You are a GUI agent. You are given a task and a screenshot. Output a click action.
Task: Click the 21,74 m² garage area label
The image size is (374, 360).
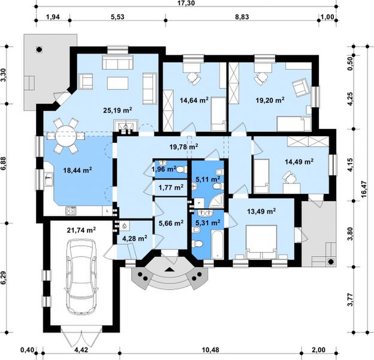pos(83,230)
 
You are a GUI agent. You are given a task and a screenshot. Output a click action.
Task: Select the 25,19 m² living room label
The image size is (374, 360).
pos(117,110)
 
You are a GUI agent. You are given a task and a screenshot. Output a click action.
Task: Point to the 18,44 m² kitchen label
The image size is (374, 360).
pos(77,170)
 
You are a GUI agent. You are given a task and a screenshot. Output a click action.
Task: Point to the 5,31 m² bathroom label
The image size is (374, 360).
pos(207,223)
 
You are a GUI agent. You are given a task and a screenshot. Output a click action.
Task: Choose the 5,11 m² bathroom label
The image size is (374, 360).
pos(207,179)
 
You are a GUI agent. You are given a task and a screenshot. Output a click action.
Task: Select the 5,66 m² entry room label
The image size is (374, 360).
pos(171,224)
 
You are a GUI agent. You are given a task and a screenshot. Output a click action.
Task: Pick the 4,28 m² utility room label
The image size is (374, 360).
pos(134,238)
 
